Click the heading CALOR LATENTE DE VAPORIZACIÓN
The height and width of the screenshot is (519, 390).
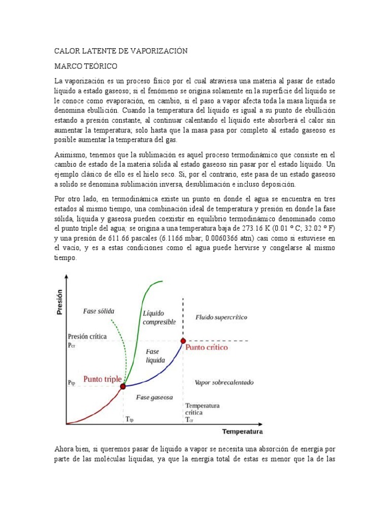121,51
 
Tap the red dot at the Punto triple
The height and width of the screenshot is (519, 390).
122,386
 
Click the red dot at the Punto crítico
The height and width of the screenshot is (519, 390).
182,341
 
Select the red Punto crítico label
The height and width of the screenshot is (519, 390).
207,348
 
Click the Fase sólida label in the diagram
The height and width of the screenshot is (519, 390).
99,311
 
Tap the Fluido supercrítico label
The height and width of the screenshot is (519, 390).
221,317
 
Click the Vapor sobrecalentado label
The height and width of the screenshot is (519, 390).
224,382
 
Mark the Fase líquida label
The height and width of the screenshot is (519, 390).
155,355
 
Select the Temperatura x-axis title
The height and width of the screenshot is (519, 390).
242,432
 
